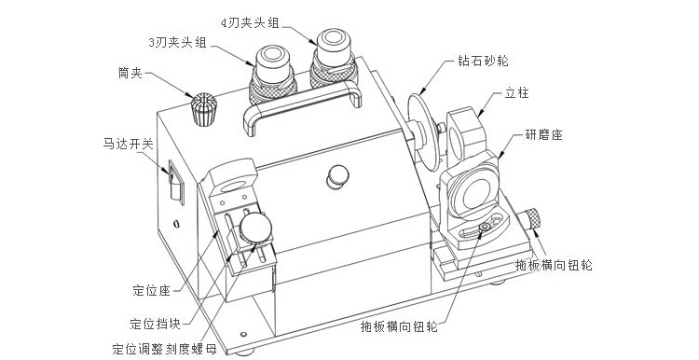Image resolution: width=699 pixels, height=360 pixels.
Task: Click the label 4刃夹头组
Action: [x=250, y=22]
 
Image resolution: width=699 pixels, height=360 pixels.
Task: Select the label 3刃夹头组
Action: [x=177, y=42]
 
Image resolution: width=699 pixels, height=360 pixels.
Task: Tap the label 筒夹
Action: [x=130, y=73]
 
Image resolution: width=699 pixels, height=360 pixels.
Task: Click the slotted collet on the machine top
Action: [x=204, y=109]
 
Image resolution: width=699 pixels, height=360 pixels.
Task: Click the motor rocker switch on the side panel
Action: [x=176, y=183]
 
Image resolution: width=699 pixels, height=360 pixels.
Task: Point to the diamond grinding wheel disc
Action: [x=421, y=132]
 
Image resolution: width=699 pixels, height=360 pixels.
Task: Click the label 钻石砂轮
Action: [x=483, y=61]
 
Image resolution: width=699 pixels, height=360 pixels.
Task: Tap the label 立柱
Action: [x=516, y=93]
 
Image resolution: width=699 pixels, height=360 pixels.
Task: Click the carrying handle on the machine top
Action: [x=303, y=106]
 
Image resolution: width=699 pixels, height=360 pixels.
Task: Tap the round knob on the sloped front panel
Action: [x=338, y=176]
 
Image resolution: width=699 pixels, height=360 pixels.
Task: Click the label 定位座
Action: [x=152, y=291]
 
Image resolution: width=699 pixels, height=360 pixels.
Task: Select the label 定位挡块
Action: [x=155, y=324]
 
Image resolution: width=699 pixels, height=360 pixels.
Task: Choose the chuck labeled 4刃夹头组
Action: [x=334, y=58]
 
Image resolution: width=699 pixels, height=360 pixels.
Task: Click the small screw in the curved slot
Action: [x=485, y=228]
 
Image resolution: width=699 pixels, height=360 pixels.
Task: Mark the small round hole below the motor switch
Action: [x=177, y=223]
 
